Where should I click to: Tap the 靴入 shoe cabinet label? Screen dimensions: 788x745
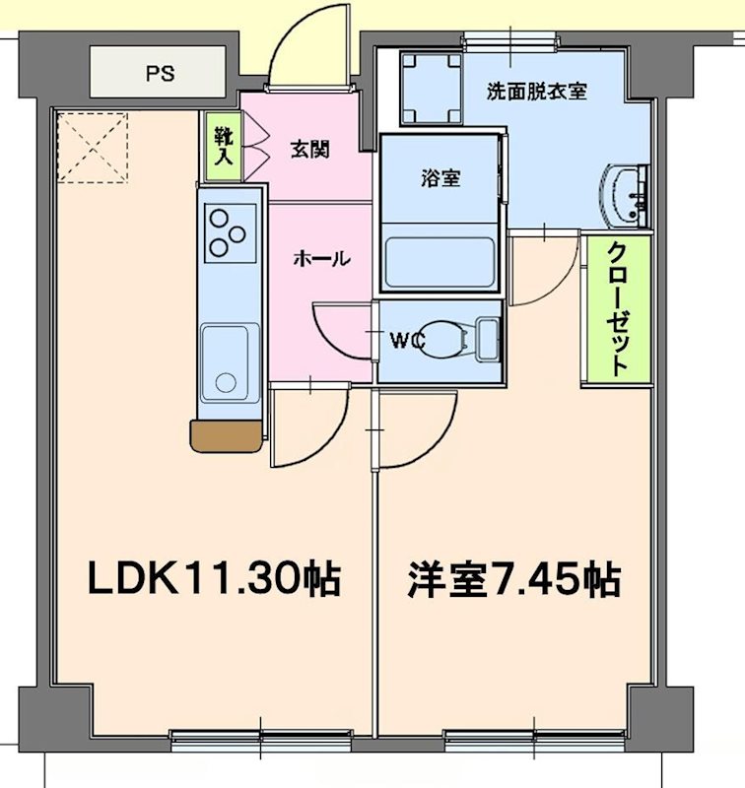[x=219, y=147]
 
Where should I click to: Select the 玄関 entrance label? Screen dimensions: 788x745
[x=308, y=150]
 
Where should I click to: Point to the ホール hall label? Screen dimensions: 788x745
[x=320, y=259]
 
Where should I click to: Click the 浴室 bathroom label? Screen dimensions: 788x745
[x=440, y=179]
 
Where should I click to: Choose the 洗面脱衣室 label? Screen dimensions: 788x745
[x=537, y=92]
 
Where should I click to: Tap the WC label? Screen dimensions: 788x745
[x=406, y=341]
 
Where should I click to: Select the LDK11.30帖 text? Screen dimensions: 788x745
[x=214, y=579]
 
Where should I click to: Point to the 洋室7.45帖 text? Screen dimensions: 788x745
[x=514, y=579]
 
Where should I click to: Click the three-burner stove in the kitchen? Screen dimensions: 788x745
[x=231, y=232]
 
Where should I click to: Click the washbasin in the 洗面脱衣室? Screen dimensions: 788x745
[x=625, y=194]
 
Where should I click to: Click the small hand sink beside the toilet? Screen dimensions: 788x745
[x=486, y=338]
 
